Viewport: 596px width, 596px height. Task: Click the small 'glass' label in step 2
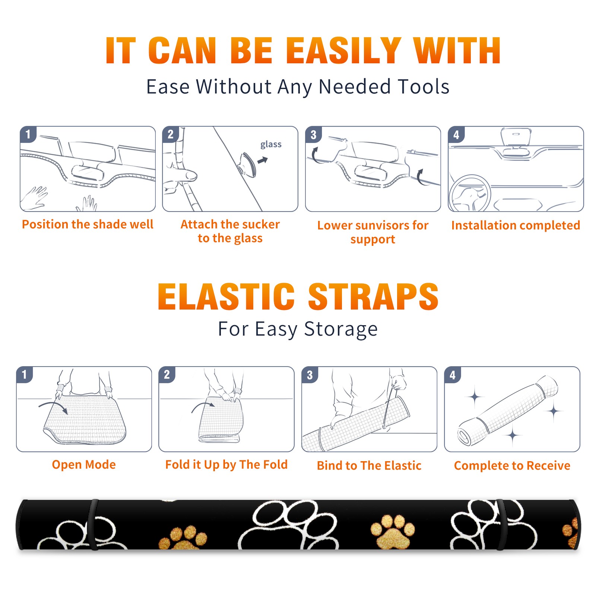[271, 145]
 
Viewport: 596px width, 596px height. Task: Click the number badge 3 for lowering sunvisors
[313, 135]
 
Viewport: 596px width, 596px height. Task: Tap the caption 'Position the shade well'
[88, 224]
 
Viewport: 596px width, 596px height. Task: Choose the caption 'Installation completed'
[516, 225]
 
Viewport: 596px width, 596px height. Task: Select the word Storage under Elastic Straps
[341, 329]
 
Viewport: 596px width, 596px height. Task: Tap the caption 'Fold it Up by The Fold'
[226, 465]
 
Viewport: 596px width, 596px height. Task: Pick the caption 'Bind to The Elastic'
[369, 465]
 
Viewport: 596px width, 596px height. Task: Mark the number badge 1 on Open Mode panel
[25, 375]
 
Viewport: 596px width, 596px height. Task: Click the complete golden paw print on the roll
[393, 531]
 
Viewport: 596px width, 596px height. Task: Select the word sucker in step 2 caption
[260, 224]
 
